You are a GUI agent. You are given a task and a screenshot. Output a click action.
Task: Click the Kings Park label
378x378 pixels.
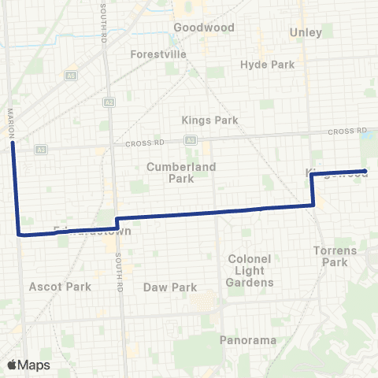[x=209, y=120]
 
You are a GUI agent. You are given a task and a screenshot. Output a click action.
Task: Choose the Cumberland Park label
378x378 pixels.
[x=170, y=172]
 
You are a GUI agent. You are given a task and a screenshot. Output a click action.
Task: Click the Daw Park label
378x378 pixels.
[x=169, y=287]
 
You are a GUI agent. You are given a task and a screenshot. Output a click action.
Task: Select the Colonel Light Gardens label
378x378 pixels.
[x=250, y=270]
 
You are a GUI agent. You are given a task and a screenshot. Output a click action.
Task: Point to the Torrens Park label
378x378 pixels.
[x=335, y=256]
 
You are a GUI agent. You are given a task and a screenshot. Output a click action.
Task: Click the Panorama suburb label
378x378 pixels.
[x=248, y=340]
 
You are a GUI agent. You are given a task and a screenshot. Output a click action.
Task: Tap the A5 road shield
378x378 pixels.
[x=71, y=75]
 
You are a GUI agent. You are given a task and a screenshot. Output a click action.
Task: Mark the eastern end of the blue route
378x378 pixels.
[x=365, y=171]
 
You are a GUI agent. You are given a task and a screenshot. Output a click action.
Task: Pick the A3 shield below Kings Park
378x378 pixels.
[x=191, y=139]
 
